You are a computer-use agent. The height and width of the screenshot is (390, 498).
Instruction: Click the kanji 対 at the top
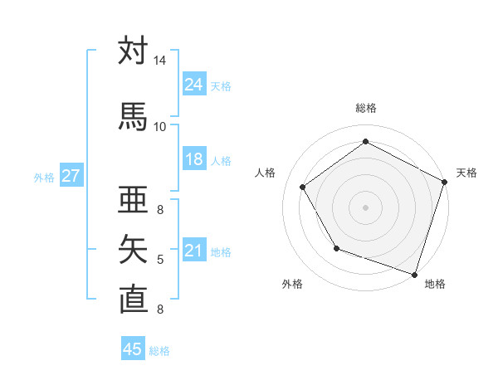click(x=133, y=52)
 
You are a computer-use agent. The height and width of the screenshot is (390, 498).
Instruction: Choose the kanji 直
click(x=133, y=298)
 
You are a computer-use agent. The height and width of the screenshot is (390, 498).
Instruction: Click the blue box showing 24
click(x=194, y=85)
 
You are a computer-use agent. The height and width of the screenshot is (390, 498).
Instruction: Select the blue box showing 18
click(x=194, y=160)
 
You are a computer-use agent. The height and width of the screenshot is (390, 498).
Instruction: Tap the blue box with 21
click(x=194, y=251)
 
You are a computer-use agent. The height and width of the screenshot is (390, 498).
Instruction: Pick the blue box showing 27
click(x=71, y=176)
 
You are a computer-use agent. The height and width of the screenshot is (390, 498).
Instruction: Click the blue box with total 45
click(x=133, y=349)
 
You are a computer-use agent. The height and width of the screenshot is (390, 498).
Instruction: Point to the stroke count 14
click(x=160, y=61)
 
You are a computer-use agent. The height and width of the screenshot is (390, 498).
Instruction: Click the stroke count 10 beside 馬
click(x=160, y=126)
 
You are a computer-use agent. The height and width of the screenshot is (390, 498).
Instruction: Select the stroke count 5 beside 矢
click(x=160, y=260)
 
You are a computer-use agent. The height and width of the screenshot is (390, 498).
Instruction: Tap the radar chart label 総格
click(x=366, y=108)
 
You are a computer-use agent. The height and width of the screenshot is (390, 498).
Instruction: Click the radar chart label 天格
click(x=466, y=173)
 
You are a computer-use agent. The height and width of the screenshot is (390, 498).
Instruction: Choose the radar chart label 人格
click(x=266, y=173)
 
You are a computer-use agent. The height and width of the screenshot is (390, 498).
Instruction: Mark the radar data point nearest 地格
click(x=413, y=273)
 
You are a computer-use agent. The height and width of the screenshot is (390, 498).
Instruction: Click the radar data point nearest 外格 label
click(x=336, y=248)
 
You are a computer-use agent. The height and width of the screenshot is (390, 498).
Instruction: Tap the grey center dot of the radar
click(x=366, y=207)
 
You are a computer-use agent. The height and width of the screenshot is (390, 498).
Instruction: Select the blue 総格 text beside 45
click(x=159, y=350)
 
